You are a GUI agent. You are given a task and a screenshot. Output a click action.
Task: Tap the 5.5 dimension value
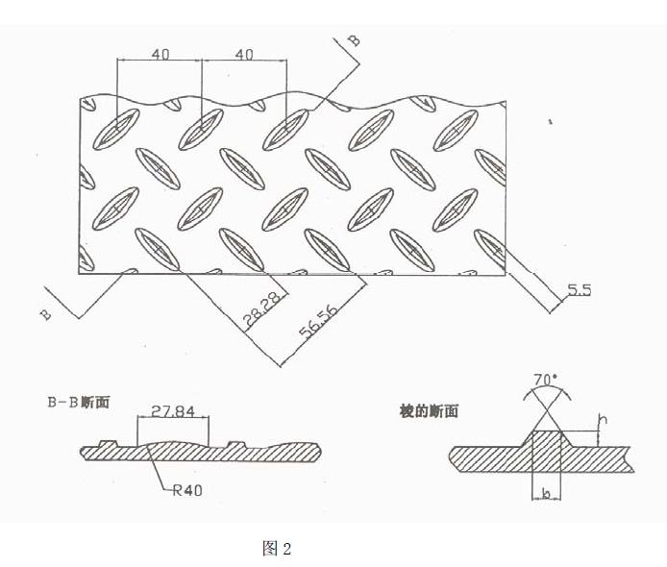coord(578,289)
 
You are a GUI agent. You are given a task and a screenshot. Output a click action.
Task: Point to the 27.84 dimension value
coord(173,412)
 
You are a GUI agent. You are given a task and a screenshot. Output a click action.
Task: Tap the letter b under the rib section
coord(546,493)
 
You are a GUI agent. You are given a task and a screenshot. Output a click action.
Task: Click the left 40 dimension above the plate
coord(160,55)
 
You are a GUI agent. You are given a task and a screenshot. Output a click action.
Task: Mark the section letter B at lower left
coord(45,316)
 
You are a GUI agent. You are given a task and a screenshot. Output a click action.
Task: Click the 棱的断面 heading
coord(428,411)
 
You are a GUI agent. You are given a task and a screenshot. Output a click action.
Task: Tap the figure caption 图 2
coord(276,549)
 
